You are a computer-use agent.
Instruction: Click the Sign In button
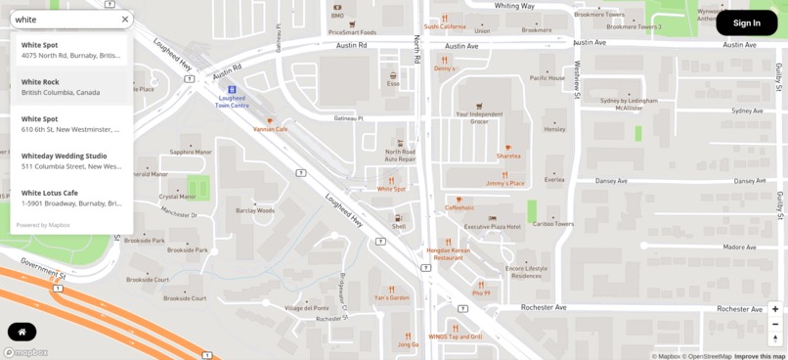pos(746,22)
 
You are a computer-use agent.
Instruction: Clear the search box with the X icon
pos(125,20)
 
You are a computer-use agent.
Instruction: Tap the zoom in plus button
pos(775,309)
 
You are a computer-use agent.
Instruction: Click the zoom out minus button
pos(775,324)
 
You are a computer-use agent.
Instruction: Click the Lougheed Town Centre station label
pos(233,101)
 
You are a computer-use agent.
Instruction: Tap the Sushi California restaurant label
pos(445,26)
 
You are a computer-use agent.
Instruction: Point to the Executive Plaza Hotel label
pos(492,226)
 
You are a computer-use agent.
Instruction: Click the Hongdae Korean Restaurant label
pos(448,253)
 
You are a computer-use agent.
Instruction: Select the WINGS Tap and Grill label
pos(456,336)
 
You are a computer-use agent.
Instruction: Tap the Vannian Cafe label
pos(271,128)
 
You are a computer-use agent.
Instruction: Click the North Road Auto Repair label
pos(400,155)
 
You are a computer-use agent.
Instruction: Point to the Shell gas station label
pos(399,226)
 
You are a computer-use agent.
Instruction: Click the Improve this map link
pos(760,356)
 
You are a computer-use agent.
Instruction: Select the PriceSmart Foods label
pos(352,31)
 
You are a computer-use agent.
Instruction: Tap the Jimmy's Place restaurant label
pos(505,183)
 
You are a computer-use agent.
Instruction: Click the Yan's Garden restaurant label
pos(392,297)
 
